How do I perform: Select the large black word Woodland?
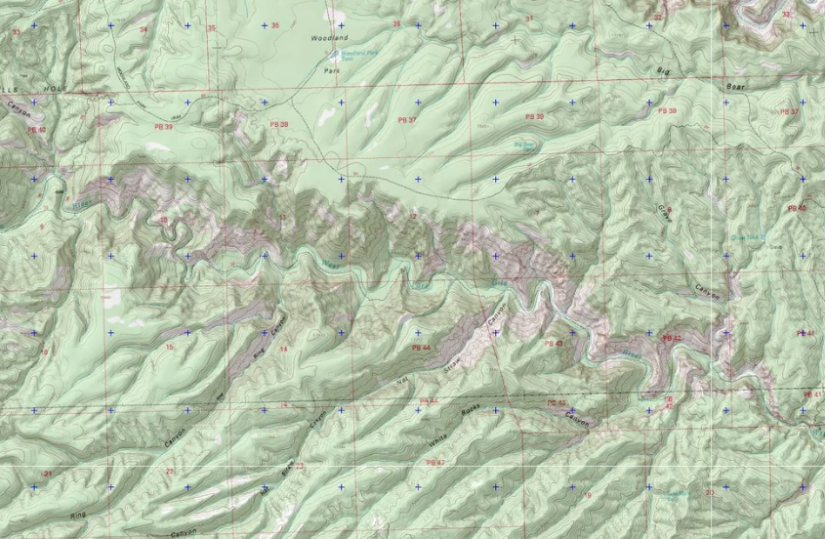click(328, 38)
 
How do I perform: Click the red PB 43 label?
click(554, 344)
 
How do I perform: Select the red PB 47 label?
click(435, 462)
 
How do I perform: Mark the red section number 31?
click(529, 19)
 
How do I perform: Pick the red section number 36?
click(396, 23)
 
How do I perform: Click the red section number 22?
click(169, 471)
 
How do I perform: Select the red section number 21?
click(46, 473)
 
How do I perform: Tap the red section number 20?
click(709, 493)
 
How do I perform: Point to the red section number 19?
click(587, 496)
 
